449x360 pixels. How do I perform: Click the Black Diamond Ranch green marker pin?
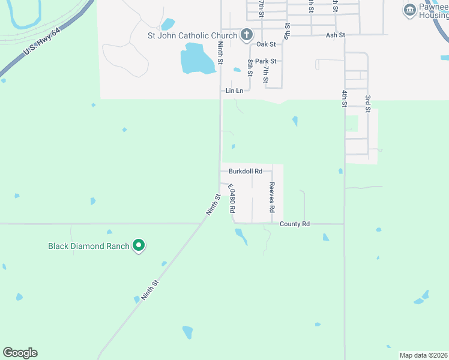pyautogui.click(x=139, y=245)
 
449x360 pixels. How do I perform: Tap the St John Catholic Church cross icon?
pyautogui.click(x=246, y=35)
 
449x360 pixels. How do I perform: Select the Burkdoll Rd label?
pyautogui.click(x=245, y=171)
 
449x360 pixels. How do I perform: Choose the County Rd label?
pyautogui.click(x=294, y=224)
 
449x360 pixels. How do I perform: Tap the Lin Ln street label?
pyautogui.click(x=234, y=91)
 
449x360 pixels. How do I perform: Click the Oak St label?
pyautogui.click(x=265, y=44)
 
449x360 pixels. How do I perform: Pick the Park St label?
pyautogui.click(x=265, y=61)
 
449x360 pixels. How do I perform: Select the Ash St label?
pyautogui.click(x=335, y=35)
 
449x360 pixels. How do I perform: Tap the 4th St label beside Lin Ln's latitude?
pyautogui.click(x=345, y=98)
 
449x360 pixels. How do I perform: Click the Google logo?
pyautogui.click(x=20, y=353)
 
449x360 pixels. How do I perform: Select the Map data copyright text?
pyautogui.click(x=423, y=355)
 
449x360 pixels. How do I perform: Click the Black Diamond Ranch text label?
pyautogui.click(x=89, y=246)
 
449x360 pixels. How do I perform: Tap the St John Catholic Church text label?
pyautogui.click(x=193, y=35)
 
